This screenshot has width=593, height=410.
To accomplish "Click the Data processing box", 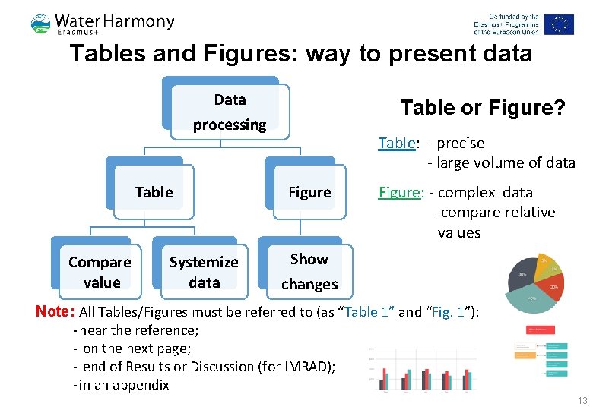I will (230, 112).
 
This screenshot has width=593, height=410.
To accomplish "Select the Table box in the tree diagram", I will (154, 193).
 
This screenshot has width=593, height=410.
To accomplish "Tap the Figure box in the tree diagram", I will (309, 193).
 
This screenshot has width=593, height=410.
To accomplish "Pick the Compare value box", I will (100, 272).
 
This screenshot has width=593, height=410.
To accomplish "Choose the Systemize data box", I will (204, 272).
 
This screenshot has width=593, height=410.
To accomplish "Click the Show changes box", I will (309, 271).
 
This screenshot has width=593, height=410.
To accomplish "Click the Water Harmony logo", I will (103, 24).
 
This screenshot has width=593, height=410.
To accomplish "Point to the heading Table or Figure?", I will (483, 108).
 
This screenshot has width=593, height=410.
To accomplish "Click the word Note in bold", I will (54, 311).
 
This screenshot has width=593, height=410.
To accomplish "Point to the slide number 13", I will (582, 401).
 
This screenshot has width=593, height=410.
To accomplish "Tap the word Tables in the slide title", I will (105, 54).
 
